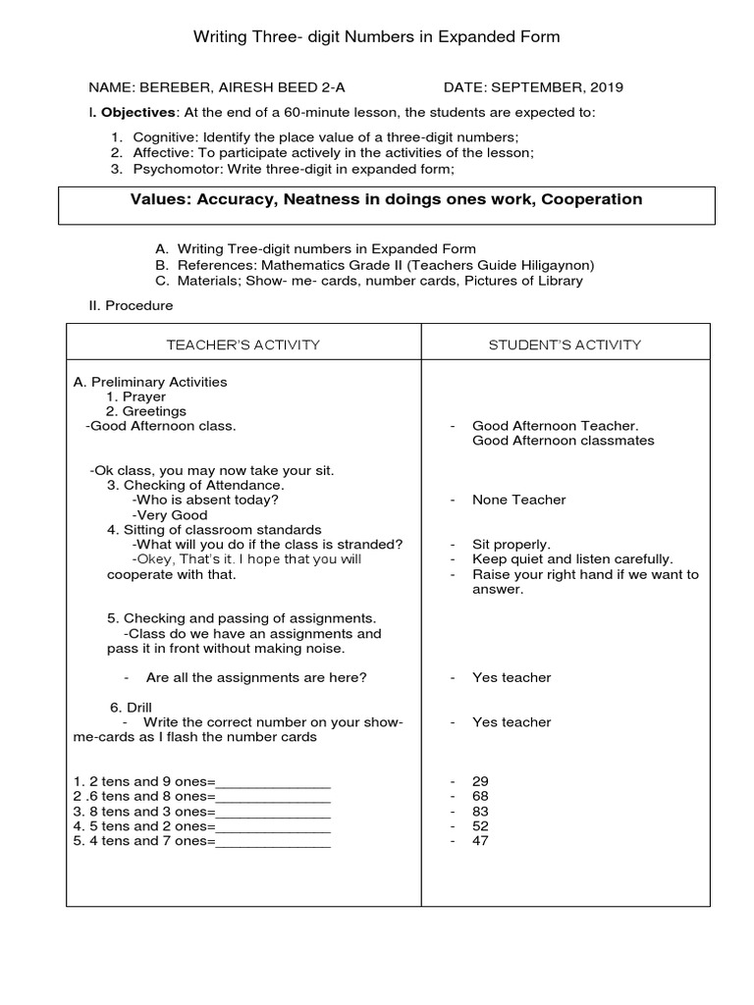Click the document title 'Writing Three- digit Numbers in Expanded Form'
(376, 37)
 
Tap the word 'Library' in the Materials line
(558, 281)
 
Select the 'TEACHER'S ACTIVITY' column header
(243, 344)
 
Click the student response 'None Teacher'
(518, 500)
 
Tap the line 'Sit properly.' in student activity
(512, 544)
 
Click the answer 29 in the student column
(480, 781)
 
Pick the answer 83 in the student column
(480, 812)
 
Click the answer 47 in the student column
(480, 841)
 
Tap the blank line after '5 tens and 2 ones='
(273, 826)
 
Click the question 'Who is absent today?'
(204, 500)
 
